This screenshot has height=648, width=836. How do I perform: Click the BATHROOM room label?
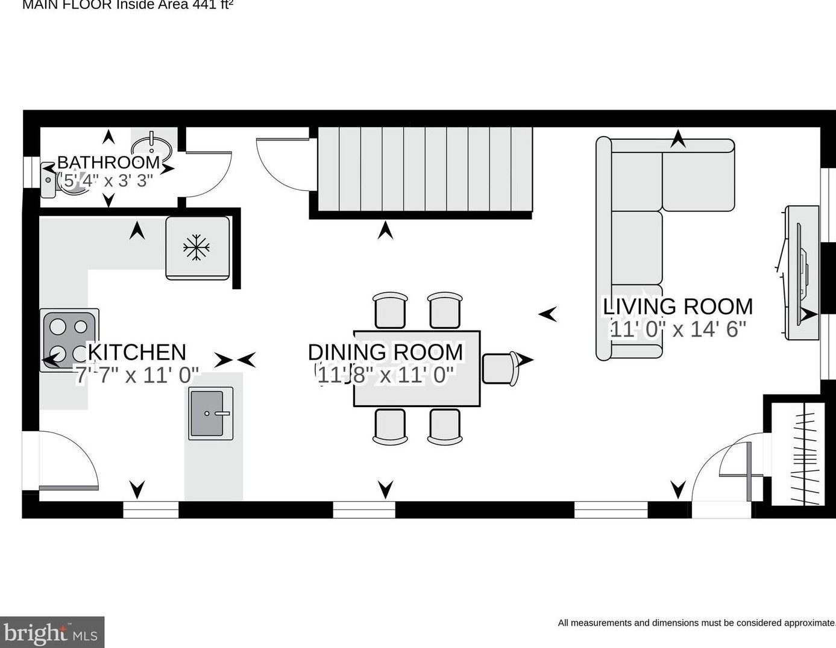(x=108, y=162)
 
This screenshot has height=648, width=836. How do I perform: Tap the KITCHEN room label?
(x=137, y=352)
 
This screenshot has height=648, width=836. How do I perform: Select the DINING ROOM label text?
(x=385, y=352)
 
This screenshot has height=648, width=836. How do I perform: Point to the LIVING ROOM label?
(x=677, y=307)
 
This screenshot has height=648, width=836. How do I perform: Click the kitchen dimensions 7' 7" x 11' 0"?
(x=137, y=375)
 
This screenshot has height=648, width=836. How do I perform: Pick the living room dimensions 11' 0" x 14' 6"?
(x=677, y=329)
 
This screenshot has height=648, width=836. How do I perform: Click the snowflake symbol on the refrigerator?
(x=196, y=248)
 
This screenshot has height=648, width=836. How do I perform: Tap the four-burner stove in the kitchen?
(x=69, y=340)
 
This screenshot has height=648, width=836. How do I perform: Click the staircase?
(x=425, y=169)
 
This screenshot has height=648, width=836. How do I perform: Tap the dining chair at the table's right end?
(x=500, y=368)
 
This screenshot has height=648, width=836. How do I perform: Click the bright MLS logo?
(x=52, y=633)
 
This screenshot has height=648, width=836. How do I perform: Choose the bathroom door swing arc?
(x=208, y=175)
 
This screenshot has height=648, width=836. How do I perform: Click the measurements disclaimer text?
(x=696, y=623)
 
